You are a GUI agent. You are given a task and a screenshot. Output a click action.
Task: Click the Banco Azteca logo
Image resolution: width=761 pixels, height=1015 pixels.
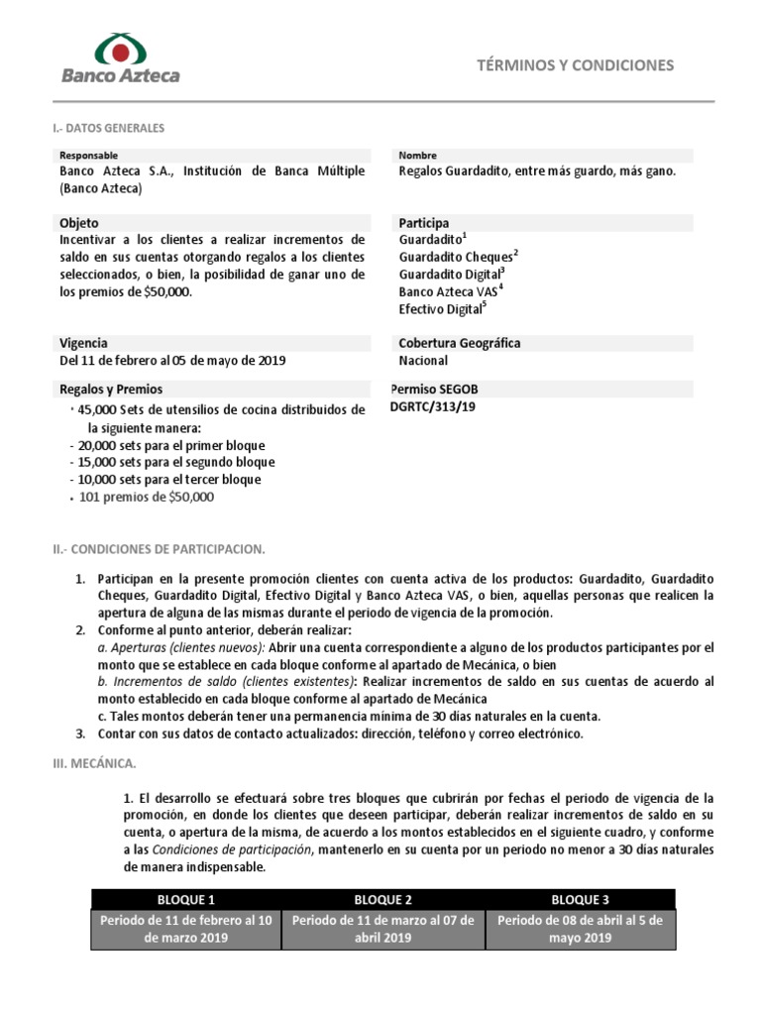click(x=121, y=58)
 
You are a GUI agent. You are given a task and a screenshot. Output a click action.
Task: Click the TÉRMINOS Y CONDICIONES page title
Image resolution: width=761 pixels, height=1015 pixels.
click(x=575, y=65)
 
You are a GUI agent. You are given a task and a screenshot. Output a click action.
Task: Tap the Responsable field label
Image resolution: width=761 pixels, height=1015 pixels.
click(x=88, y=156)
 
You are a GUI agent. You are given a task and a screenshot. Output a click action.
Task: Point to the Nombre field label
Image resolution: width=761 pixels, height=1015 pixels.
click(x=417, y=156)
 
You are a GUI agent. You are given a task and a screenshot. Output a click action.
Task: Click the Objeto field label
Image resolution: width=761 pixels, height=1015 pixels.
click(x=79, y=223)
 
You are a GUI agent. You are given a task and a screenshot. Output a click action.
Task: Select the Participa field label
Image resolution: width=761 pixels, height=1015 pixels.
click(x=423, y=223)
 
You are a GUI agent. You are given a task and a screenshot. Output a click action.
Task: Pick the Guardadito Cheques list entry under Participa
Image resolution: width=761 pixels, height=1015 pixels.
click(x=458, y=257)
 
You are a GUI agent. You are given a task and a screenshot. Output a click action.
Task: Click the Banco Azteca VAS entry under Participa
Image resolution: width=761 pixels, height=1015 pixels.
click(x=450, y=291)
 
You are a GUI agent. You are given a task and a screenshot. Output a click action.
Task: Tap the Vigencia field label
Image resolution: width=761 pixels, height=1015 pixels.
click(x=83, y=343)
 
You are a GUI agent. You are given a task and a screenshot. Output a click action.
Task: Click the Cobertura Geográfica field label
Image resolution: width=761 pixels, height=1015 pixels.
click(x=459, y=343)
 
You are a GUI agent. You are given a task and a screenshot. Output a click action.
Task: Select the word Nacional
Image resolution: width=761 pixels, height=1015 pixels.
click(x=423, y=361)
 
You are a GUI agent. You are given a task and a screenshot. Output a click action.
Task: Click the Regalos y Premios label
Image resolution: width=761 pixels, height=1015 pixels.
click(x=111, y=390)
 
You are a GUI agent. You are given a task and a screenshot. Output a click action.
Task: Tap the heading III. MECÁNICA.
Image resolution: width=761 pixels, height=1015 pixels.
click(x=100, y=765)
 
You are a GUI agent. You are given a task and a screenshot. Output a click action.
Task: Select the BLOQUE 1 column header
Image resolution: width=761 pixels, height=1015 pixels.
click(x=186, y=899)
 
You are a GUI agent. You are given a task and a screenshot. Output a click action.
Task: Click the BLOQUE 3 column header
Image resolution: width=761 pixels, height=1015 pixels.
click(x=580, y=899)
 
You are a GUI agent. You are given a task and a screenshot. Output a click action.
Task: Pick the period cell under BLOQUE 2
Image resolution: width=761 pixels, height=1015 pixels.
click(x=382, y=929)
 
